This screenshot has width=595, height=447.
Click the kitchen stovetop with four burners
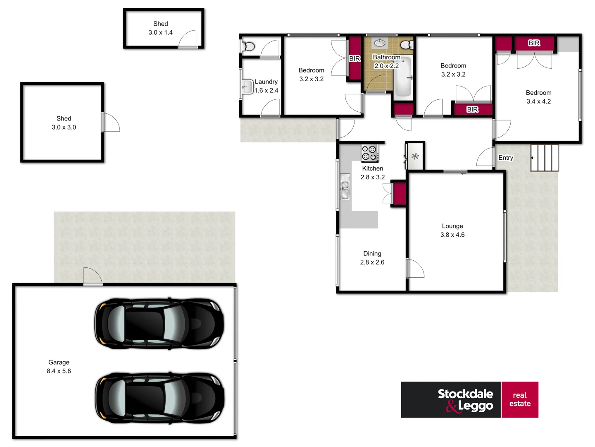click(369, 153)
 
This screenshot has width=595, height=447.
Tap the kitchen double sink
click(345, 187)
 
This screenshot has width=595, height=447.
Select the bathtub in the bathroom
click(403, 77)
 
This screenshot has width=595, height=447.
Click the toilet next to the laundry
click(248, 46)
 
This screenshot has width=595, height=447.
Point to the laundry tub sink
click(247, 87)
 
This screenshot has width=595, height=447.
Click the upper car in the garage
click(159, 323)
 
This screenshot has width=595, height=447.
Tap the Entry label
click(505, 158)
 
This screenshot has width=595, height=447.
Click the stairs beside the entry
click(545, 158)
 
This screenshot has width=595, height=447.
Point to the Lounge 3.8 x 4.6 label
click(452, 231)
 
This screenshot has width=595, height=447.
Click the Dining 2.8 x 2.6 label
click(372, 258)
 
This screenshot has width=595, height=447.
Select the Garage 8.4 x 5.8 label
click(59, 367)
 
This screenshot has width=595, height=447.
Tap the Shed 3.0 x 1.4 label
click(161, 28)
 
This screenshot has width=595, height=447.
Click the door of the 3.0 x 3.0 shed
click(110, 123)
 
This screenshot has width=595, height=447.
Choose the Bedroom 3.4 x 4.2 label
click(538, 97)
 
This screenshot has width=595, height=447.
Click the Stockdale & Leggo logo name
click(465, 400)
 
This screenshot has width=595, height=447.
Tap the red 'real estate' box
click(520, 400)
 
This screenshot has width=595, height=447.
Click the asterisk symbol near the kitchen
click(415, 156)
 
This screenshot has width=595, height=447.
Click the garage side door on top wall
click(93, 276)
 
